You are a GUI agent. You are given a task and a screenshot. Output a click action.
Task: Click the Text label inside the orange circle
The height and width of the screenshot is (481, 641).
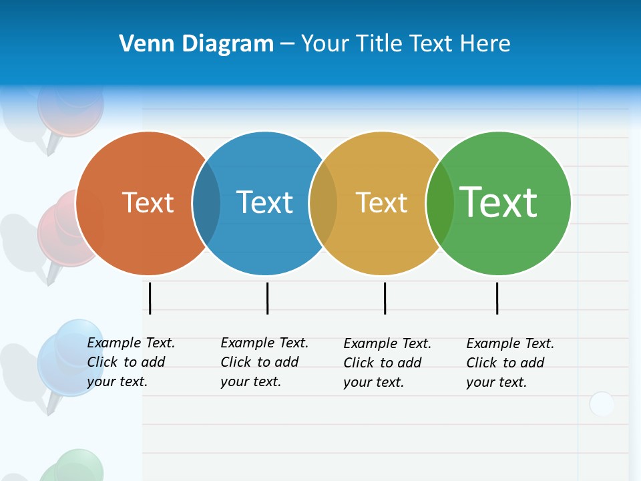click(x=148, y=202)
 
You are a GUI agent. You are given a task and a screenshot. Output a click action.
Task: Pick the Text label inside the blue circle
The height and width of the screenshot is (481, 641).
click(x=264, y=202)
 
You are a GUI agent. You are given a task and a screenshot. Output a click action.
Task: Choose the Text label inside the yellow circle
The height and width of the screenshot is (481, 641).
click(x=381, y=202)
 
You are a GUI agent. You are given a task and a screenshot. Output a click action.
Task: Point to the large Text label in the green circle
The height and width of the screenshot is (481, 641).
click(x=498, y=202)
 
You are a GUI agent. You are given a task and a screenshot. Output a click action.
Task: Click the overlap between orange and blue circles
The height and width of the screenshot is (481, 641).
click(x=206, y=203)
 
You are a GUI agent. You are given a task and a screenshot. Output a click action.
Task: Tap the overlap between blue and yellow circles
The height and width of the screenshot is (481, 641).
click(x=323, y=203)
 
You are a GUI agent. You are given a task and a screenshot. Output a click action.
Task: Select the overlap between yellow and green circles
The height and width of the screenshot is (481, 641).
click(x=440, y=203)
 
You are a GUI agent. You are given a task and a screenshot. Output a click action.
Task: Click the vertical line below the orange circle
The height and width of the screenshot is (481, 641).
click(x=150, y=298)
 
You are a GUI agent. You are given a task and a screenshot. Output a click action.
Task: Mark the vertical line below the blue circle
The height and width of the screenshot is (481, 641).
click(x=267, y=298)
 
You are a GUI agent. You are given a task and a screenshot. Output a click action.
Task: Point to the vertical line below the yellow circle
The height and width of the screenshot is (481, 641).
click(x=385, y=298)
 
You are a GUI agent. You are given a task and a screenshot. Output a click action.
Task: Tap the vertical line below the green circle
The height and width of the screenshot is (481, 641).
click(x=497, y=298)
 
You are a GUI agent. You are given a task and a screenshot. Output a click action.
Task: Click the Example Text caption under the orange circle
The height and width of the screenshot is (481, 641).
click(x=131, y=362)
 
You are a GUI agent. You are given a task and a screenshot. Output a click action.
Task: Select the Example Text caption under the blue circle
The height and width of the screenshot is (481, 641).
click(x=264, y=362)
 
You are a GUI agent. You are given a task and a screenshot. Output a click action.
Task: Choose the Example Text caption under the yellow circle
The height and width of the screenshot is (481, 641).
click(x=387, y=363)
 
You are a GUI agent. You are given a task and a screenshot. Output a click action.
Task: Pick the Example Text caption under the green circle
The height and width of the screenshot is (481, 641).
click(x=510, y=363)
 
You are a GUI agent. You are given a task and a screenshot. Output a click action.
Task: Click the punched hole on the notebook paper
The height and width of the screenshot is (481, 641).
click(x=602, y=404)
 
